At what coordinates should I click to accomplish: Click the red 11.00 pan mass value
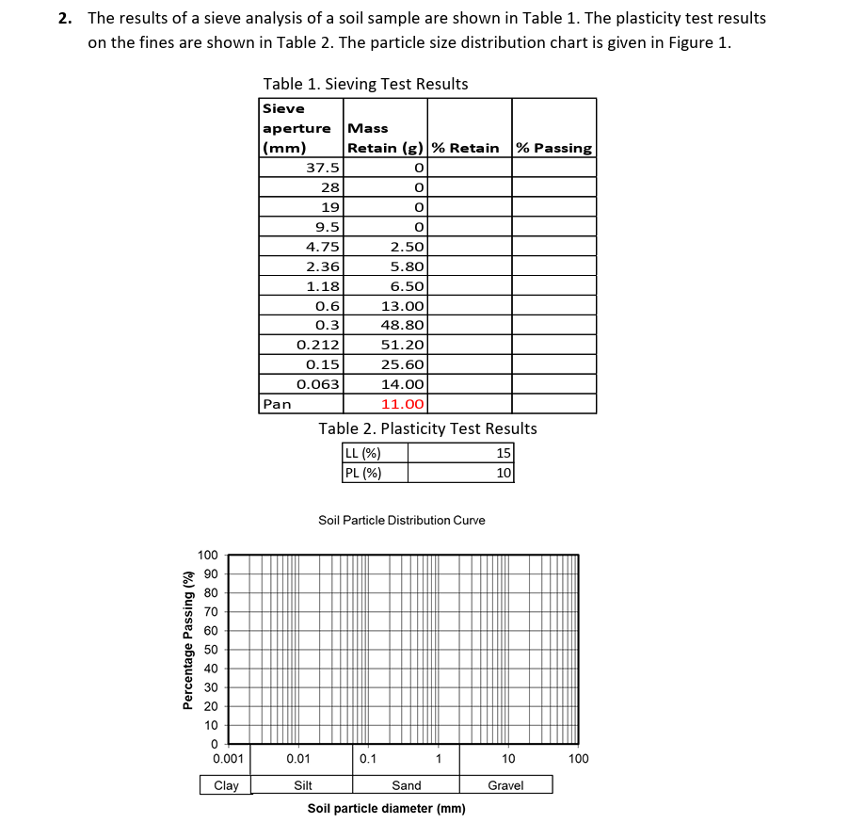[403, 404]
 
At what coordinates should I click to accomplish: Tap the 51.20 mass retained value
[403, 345]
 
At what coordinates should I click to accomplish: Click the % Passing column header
[554, 148]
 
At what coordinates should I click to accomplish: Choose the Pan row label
[278, 404]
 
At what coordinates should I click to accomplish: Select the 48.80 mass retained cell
[403, 325]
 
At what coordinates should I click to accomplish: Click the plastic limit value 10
[504, 473]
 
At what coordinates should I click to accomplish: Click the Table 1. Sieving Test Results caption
[365, 84]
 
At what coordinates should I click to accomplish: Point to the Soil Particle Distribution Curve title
[402, 520]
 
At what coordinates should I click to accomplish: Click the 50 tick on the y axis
[211, 650]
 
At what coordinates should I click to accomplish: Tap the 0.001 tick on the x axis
[229, 758]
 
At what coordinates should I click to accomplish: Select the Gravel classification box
[505, 785]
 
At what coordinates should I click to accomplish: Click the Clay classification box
[226, 785]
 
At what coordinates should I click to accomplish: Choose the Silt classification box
[303, 785]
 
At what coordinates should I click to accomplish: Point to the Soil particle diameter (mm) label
[386, 809]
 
